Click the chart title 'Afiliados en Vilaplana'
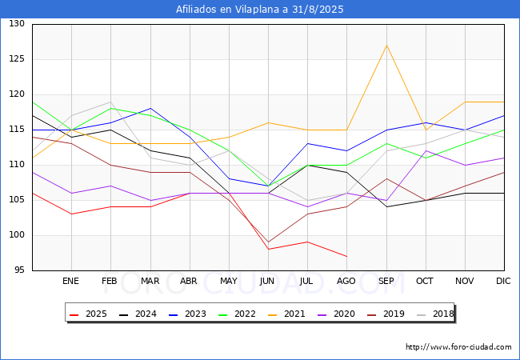(260, 10)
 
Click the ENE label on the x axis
(71, 282)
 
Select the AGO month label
(346, 282)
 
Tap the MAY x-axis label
(229, 282)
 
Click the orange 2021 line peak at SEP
(386, 45)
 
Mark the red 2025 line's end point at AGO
(346, 256)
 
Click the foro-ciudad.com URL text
(458, 347)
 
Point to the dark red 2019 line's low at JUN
(268, 242)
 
